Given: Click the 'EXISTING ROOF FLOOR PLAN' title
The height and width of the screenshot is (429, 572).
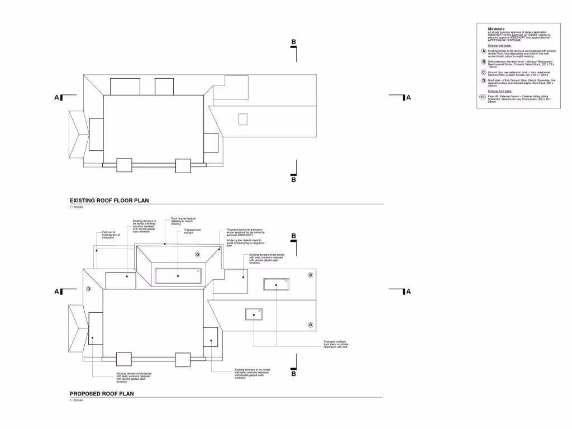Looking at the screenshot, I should (x=109, y=200).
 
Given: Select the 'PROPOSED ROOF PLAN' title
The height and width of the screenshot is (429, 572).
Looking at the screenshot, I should (x=101, y=394).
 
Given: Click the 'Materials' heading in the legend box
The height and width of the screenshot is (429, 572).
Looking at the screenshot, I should (x=496, y=28).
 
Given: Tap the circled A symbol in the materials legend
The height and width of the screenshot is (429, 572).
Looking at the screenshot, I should (x=483, y=51).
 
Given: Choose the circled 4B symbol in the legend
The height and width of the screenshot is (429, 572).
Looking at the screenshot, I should (x=483, y=96).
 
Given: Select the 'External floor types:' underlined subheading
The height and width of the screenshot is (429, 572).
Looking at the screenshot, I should (x=500, y=90).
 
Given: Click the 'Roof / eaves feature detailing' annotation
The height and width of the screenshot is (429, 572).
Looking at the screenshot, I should (x=183, y=221).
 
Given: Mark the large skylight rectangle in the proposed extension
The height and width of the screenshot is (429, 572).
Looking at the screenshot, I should (x=178, y=275).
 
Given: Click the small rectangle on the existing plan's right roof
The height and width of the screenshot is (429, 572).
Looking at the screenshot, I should (x=242, y=119).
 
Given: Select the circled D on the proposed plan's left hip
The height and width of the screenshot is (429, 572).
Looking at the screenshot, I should (x=88, y=289).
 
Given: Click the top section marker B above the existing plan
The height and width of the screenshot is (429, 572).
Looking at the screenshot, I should (x=293, y=42).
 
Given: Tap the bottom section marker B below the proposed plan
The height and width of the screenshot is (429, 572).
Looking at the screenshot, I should (x=293, y=374).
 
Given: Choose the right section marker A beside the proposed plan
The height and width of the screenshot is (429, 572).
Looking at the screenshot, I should (x=408, y=291).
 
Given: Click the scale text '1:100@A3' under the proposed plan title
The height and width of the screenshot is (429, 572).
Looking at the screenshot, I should (x=77, y=401).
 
